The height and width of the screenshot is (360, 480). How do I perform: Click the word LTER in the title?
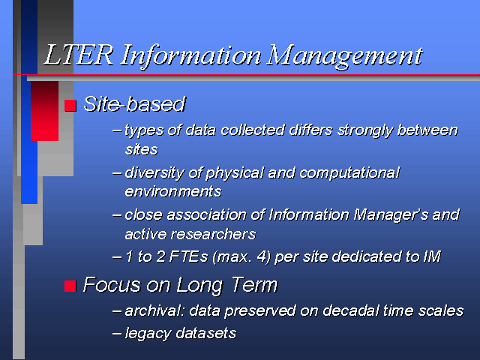[79, 55]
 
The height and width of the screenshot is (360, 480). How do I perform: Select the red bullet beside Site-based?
[70, 106]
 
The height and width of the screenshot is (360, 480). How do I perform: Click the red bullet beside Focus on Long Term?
[70, 286]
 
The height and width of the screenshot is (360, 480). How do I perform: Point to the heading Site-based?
[135, 104]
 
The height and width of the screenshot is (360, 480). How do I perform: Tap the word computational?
[349, 173]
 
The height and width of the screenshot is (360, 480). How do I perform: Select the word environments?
[173, 192]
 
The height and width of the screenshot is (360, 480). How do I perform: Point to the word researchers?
[213, 235]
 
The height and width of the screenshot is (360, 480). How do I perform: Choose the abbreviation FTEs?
[188, 256]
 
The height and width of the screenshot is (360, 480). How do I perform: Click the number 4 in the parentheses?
[262, 256]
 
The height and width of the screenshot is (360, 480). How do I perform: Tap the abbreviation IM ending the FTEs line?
[432, 256]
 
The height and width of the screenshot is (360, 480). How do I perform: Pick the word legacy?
[148, 334]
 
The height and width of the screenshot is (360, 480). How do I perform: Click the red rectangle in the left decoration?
[44, 111]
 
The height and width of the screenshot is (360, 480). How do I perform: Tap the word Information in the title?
[190, 55]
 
